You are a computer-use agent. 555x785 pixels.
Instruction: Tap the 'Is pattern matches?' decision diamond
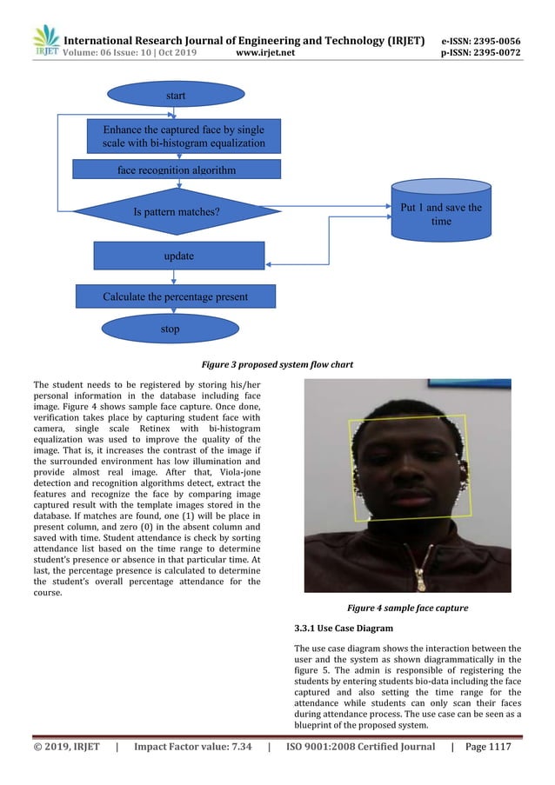177,211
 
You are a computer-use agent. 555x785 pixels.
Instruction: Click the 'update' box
178,256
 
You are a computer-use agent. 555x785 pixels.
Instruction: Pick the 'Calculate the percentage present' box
176,296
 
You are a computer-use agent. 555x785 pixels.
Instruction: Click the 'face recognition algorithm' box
177,170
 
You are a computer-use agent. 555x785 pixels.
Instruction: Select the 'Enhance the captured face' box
177,136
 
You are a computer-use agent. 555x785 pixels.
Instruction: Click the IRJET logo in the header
44,40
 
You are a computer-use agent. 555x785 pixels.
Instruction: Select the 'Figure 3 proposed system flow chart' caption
277,365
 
